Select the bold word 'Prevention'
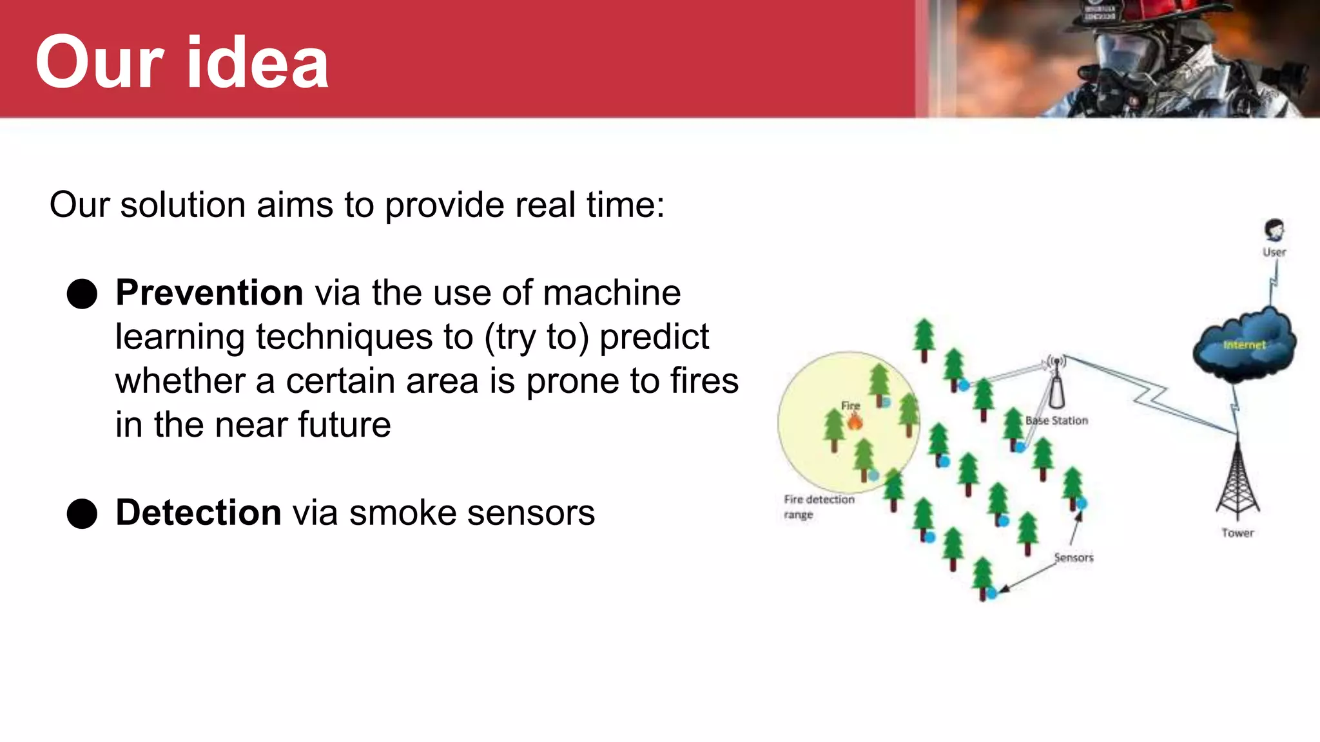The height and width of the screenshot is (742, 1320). pos(209,293)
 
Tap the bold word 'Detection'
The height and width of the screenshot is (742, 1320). pos(199,513)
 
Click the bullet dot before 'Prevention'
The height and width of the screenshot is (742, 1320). pos(82,294)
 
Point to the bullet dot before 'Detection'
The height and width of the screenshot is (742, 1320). pos(82,514)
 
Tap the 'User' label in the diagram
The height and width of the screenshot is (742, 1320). pos(1274,252)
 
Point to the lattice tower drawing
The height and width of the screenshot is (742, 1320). pos(1237,480)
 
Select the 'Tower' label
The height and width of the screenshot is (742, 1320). pos(1237,533)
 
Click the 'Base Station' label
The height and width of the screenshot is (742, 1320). pos(1057,421)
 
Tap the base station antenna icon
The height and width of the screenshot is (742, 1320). pos(1056,383)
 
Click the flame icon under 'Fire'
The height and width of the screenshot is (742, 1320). pos(855,422)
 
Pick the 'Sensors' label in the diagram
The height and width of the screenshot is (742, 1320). pos(1074,558)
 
